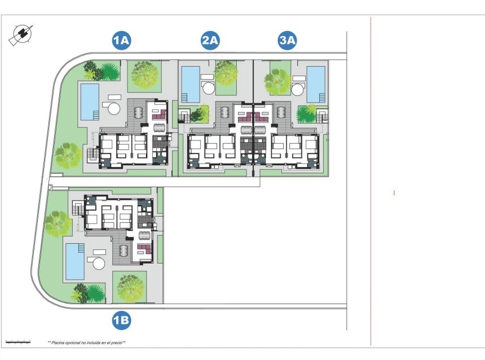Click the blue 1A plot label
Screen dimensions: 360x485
point(121,41)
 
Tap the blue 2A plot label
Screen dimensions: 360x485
point(210,41)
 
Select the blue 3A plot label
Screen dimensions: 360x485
point(288,41)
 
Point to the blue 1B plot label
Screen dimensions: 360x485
point(121,321)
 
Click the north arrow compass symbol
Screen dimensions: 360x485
point(21,35)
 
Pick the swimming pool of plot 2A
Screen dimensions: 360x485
point(191,85)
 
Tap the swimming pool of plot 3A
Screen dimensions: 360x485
point(316,85)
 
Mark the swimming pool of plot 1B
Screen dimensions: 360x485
point(74,261)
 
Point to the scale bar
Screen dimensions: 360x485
point(17,341)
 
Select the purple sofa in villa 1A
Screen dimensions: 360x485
point(159,113)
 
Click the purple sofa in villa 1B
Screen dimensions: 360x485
point(145,248)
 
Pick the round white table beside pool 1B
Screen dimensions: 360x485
point(99,264)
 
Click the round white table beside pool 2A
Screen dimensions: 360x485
point(208,88)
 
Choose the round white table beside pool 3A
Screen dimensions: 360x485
point(298,88)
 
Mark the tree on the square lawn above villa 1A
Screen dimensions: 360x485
point(143,74)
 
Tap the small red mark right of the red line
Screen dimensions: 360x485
point(394,193)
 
